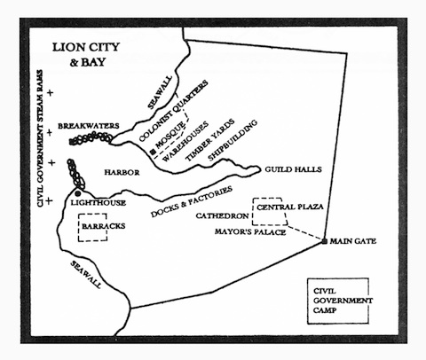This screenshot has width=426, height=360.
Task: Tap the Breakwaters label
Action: pyautogui.click(x=89, y=127)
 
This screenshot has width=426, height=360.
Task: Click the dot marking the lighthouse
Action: pyautogui.click(x=78, y=193)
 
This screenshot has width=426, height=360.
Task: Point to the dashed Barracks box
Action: pyautogui.click(x=99, y=228)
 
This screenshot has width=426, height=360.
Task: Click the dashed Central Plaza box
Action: pyautogui.click(x=276, y=210)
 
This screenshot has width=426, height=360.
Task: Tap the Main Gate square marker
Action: pyautogui.click(x=325, y=241)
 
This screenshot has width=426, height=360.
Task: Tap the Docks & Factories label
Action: pyautogui.click(x=192, y=201)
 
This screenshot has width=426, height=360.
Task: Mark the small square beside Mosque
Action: pyautogui.click(x=154, y=153)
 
